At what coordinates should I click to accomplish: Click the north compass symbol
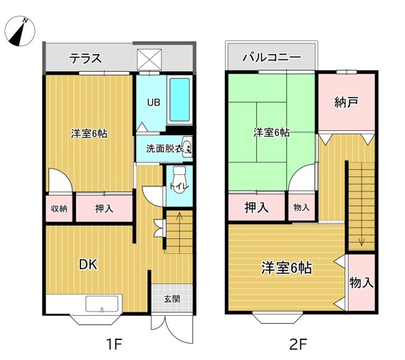[20, 31]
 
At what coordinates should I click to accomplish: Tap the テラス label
[85, 58]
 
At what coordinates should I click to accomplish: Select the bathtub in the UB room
[179, 100]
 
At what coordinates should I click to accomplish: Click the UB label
[154, 102]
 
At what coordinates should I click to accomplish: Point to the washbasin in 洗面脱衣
[187, 147]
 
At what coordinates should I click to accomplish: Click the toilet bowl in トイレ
[179, 179]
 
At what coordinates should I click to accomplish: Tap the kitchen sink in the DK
[102, 304]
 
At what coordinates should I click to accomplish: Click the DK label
[88, 265]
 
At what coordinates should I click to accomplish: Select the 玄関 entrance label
[172, 299]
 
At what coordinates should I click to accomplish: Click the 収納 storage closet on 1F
[59, 208]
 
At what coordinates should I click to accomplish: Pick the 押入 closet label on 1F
[104, 208]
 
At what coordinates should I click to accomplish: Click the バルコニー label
[271, 57]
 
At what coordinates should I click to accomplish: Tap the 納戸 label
[347, 102]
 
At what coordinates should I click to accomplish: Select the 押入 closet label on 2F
[256, 207]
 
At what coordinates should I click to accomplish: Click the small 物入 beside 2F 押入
[302, 207]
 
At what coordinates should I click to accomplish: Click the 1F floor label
[114, 344]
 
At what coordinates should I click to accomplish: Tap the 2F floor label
[298, 344]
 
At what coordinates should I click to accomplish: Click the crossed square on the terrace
[149, 59]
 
